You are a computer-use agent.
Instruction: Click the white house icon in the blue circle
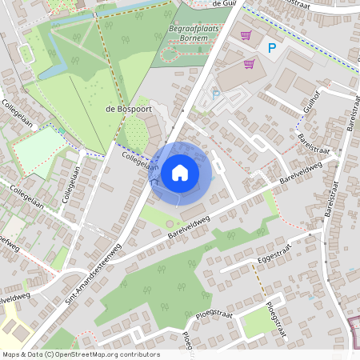pyautogui.click(x=179, y=172)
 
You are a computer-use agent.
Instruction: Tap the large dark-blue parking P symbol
pyautogui.click(x=271, y=48)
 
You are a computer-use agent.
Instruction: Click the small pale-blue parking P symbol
pyautogui.click(x=215, y=94)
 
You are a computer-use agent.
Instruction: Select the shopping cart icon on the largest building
pyautogui.click(x=249, y=63)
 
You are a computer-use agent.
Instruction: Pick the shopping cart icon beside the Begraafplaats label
pyautogui.click(x=246, y=34)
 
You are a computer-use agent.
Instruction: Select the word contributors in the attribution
pyautogui.click(x=138, y=354)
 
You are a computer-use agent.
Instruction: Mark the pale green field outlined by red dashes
pyautogui.click(x=38, y=150)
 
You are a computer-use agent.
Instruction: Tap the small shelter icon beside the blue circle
pyautogui.click(x=154, y=181)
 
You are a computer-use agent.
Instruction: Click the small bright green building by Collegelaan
pyautogui.click(x=61, y=129)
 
